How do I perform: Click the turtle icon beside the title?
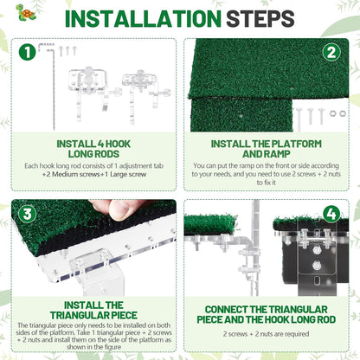(x=25, y=12)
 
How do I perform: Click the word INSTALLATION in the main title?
(x=143, y=19)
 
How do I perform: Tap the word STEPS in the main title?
(x=260, y=19)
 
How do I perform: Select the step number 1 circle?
(x=27, y=53)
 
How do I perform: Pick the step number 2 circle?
(x=331, y=53)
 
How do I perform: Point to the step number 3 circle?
(x=27, y=214)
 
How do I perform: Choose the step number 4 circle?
(x=331, y=215)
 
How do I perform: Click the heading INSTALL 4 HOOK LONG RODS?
(x=93, y=149)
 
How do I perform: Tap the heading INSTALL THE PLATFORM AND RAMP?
(x=266, y=149)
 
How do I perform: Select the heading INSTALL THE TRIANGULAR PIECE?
(x=93, y=310)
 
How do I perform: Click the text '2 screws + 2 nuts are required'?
(x=266, y=334)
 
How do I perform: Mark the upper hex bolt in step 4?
(x=317, y=250)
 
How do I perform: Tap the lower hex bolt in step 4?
(x=317, y=266)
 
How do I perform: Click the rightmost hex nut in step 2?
(x=343, y=113)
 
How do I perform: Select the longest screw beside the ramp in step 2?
(x=299, y=119)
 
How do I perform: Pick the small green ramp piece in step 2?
(x=241, y=115)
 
